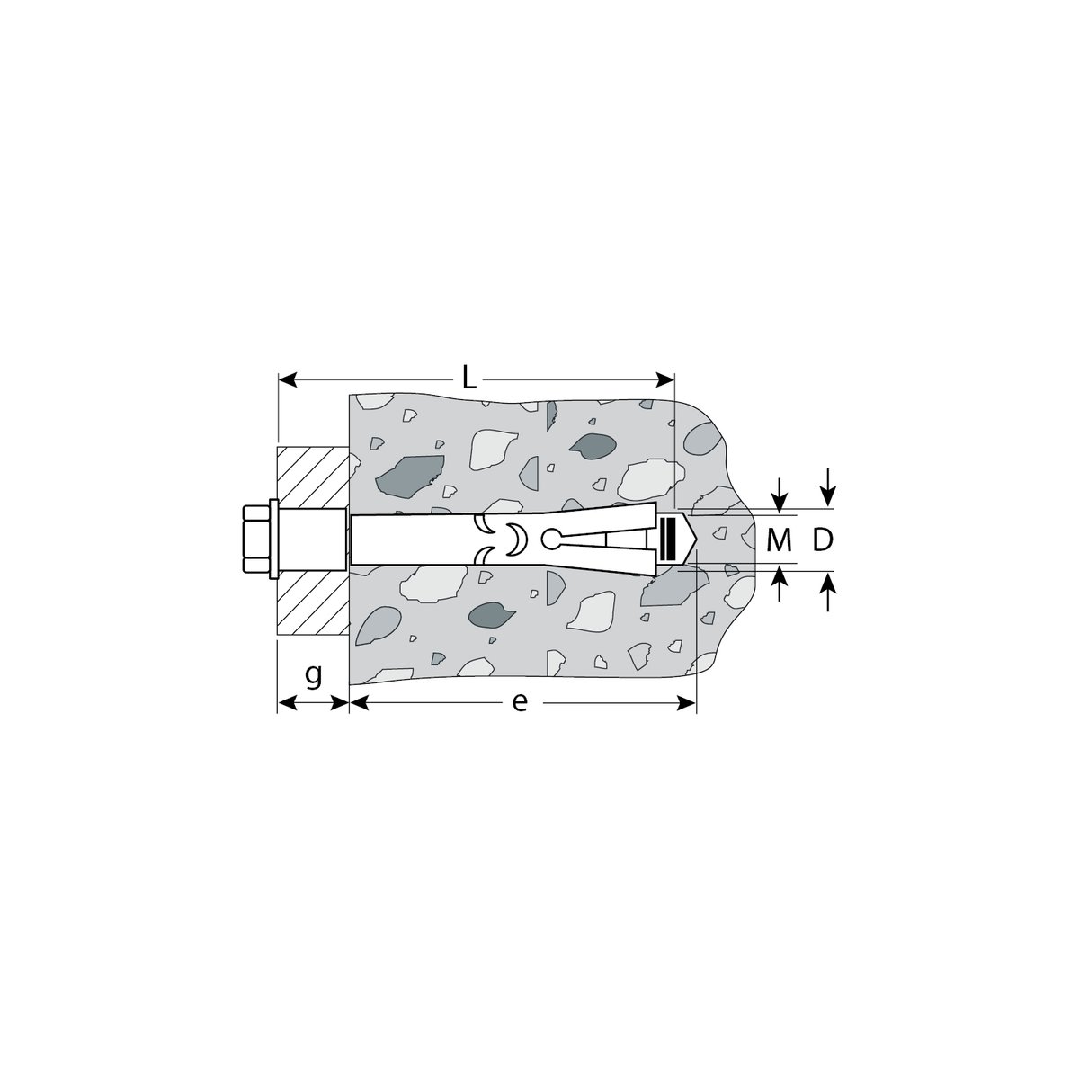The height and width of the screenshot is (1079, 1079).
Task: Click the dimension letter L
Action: (468, 379)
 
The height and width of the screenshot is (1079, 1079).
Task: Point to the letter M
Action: (779, 539)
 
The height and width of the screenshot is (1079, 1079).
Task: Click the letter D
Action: (823, 539)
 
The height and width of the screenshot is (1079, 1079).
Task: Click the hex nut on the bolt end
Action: (256, 539)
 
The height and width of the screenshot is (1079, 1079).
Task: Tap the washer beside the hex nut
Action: (274, 539)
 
